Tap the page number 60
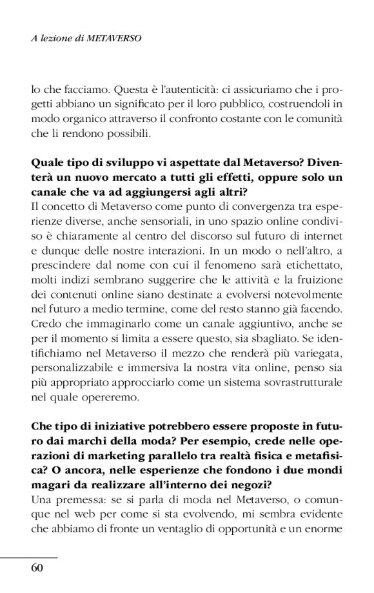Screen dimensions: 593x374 (37, 568)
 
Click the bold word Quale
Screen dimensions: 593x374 (46, 162)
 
